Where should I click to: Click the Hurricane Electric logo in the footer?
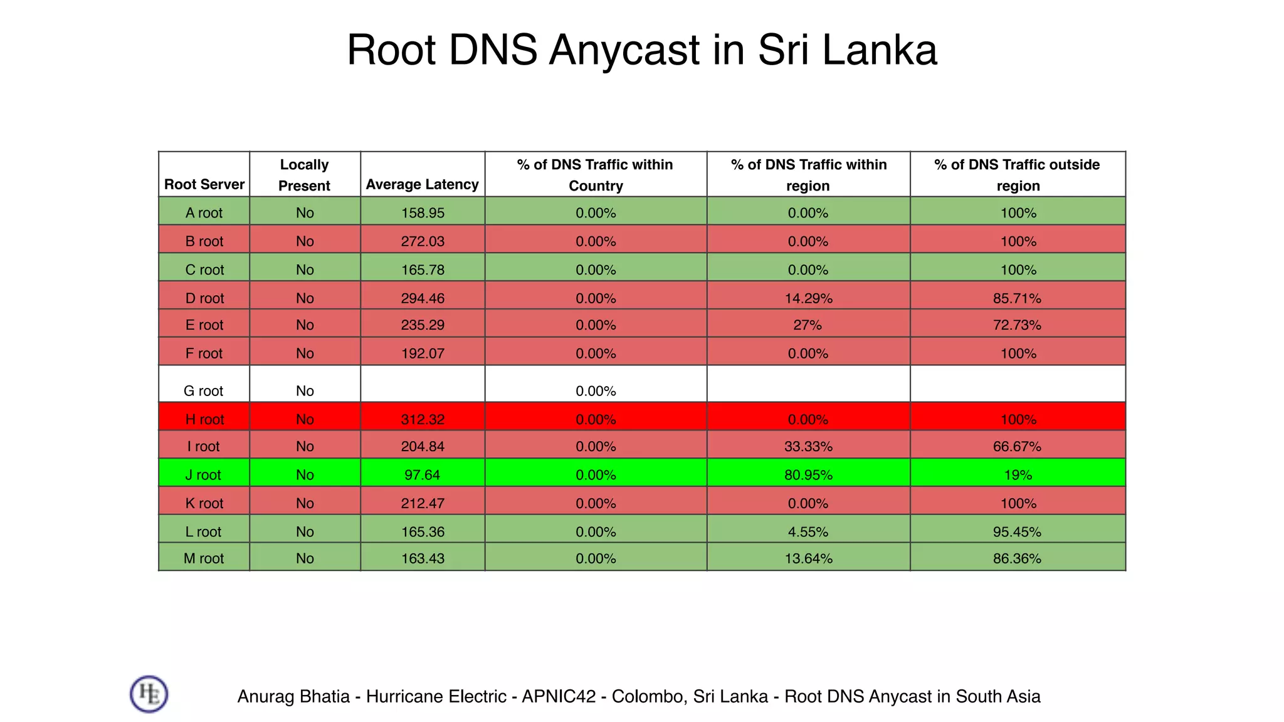click(149, 694)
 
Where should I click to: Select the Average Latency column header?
click(422, 184)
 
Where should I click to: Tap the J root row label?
click(203, 475)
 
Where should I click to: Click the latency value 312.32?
click(423, 419)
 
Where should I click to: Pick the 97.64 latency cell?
click(422, 475)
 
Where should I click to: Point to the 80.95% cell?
click(808, 475)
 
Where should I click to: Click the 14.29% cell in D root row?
click(808, 298)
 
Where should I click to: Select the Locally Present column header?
click(304, 175)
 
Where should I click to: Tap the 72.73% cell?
click(1017, 325)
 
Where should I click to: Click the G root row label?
click(203, 391)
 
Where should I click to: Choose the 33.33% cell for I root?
click(808, 447)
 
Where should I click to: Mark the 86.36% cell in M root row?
click(1017, 558)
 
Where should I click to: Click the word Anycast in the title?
click(624, 50)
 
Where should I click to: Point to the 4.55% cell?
click(808, 532)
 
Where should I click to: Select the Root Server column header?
click(204, 184)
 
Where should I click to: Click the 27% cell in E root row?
click(808, 325)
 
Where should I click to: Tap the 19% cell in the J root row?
click(1018, 475)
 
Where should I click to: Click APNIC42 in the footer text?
click(558, 696)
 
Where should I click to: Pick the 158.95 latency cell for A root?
click(423, 213)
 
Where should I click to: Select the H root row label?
click(204, 419)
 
